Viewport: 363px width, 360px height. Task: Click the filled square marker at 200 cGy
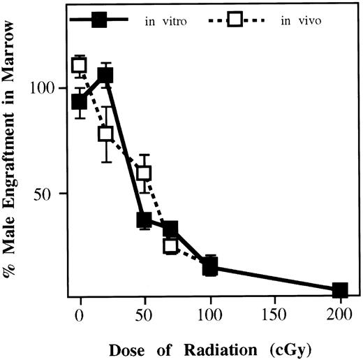pos(340,290)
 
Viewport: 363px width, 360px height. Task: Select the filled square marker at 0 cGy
pos(80,102)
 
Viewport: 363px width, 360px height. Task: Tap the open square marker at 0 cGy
pos(80,66)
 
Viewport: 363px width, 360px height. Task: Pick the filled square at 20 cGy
pos(105,75)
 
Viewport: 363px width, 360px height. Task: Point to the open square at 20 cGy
pos(105,134)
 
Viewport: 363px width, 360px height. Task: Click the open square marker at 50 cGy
pos(144,173)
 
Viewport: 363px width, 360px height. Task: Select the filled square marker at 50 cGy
pos(144,220)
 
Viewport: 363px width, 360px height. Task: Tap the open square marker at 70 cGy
pos(170,245)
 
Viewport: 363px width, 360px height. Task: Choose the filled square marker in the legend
pos(99,20)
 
